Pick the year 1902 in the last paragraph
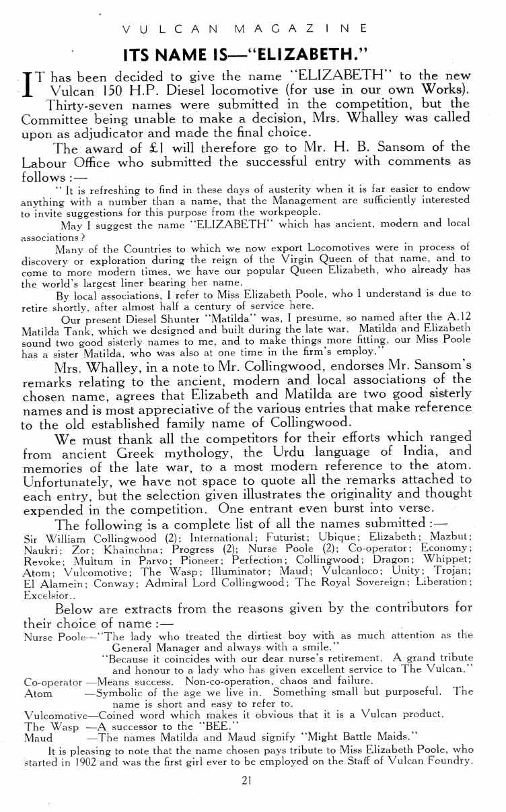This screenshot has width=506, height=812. [96, 762]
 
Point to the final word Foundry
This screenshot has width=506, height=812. [447, 762]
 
